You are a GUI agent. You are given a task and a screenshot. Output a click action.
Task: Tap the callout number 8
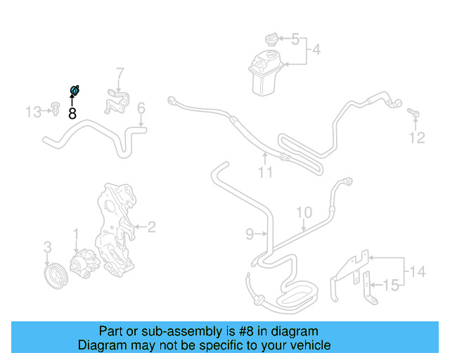pyautogui.click(x=72, y=113)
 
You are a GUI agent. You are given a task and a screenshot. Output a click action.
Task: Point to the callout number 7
pyautogui.click(x=120, y=72)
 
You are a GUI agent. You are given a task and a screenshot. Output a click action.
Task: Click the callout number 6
pyautogui.click(x=141, y=108)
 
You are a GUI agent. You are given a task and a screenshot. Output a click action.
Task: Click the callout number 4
pyautogui.click(x=316, y=50)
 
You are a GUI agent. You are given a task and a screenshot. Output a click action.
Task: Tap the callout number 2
pyautogui.click(x=151, y=226)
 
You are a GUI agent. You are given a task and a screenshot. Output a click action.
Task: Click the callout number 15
pyautogui.click(x=394, y=285)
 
